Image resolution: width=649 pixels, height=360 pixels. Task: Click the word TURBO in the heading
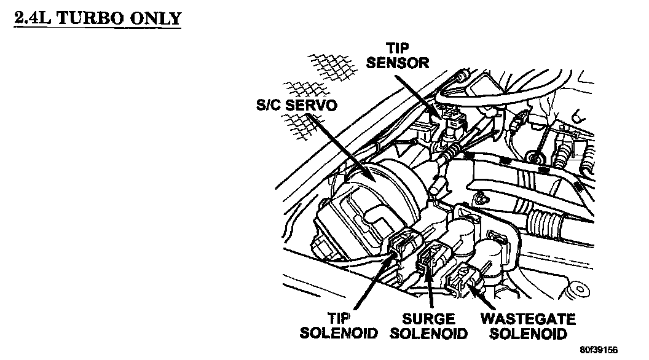pyautogui.click(x=89, y=18)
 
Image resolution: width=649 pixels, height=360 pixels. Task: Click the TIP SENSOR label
pyautogui.click(x=398, y=55)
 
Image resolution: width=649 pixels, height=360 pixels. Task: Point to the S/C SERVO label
pyautogui.click(x=297, y=105)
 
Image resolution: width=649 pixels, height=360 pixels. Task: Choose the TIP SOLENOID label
pyautogui.click(x=339, y=326)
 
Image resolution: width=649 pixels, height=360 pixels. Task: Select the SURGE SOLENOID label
pyautogui.click(x=428, y=326)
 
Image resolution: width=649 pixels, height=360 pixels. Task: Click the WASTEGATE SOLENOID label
pyautogui.click(x=528, y=326)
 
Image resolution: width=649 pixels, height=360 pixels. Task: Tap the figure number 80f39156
pyautogui.click(x=599, y=350)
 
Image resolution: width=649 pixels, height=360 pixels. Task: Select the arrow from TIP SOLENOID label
pyautogui.click(x=373, y=283)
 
